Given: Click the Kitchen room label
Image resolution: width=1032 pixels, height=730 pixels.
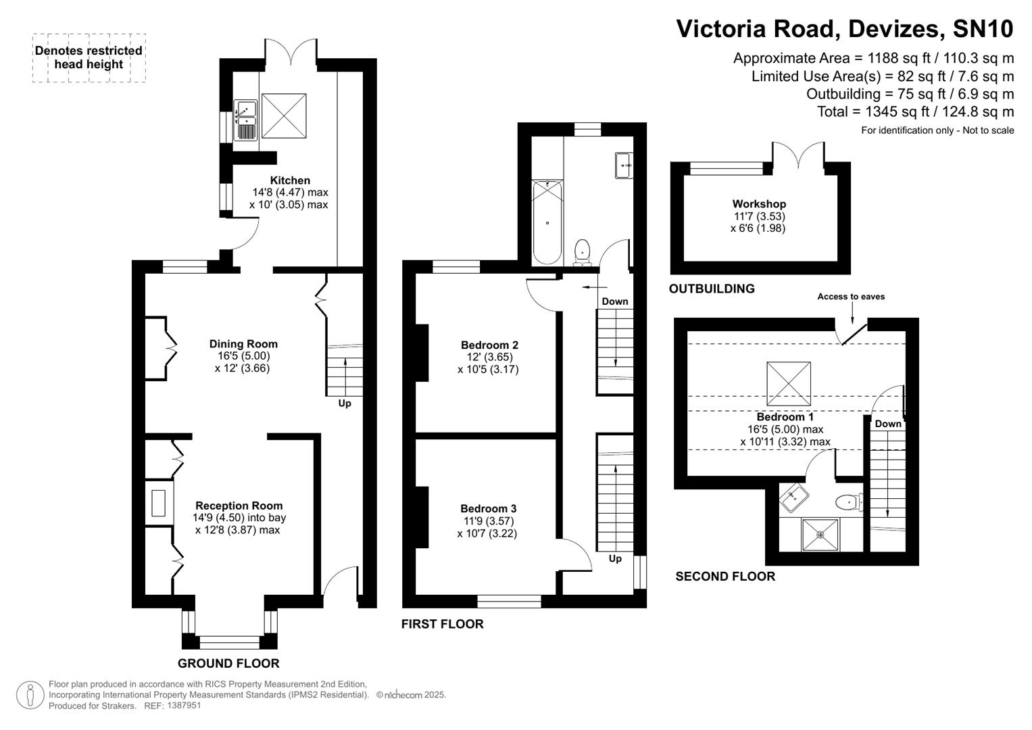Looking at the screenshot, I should click(290, 180).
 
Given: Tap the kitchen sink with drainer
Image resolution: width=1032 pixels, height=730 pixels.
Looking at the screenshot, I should click(246, 120).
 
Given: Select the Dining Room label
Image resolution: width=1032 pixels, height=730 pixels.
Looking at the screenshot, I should click(243, 344).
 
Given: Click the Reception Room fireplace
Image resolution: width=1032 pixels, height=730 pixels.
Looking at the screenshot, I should click(158, 503).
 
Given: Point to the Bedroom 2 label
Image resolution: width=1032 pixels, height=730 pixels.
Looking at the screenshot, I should click(489, 345).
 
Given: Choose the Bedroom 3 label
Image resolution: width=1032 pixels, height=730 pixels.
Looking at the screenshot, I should click(488, 509).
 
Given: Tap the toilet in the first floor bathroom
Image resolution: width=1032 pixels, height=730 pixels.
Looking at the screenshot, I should click(582, 251).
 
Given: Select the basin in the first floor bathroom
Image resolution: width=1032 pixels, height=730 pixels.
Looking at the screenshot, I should click(623, 165).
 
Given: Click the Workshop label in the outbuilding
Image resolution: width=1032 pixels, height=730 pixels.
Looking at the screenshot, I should click(759, 204).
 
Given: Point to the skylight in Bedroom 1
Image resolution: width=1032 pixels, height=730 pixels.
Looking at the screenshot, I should click(788, 383).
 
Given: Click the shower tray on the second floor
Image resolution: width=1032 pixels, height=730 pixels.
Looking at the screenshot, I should click(820, 535).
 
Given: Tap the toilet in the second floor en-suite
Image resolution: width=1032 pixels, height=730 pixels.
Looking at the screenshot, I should click(847, 502).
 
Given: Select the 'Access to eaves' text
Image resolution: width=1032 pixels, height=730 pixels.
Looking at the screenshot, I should click(850, 297).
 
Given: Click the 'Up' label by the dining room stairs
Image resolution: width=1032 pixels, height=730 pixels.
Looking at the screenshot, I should click(345, 404).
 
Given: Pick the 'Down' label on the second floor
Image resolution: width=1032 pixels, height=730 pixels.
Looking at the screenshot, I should click(888, 424).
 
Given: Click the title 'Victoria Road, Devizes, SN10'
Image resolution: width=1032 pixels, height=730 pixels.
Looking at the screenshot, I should click(845, 29).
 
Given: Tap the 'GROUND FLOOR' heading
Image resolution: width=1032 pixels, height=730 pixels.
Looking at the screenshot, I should click(228, 663).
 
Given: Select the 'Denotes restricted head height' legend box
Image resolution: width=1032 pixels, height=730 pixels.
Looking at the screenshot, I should click(89, 58).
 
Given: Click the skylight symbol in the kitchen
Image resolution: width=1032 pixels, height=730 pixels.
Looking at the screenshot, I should click(284, 116).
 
